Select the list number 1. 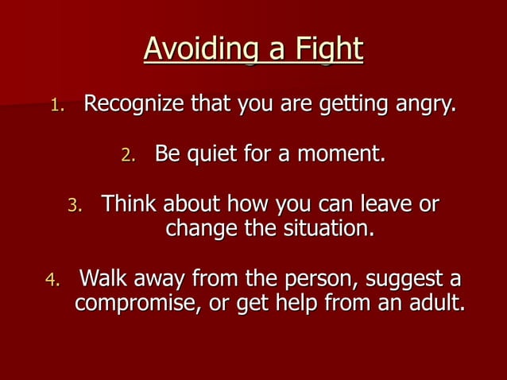[55, 105]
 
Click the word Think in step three [130, 204]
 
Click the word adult [432, 304]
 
